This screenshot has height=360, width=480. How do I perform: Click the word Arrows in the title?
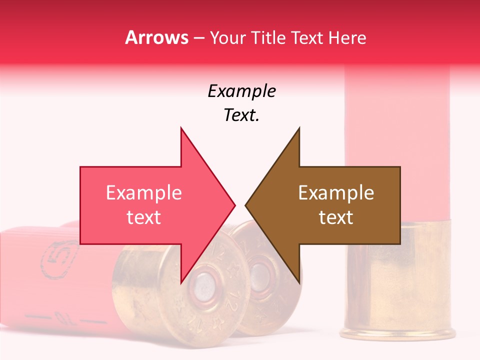[156, 37]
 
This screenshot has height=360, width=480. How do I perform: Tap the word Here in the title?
[347, 37]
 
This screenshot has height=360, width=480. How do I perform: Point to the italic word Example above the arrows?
[242, 91]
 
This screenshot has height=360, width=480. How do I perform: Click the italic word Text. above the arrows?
[242, 115]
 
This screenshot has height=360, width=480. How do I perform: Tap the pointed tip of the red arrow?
[234, 205]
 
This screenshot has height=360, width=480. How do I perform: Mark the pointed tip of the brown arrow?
[246, 205]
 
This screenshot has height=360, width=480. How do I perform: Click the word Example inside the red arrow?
[144, 193]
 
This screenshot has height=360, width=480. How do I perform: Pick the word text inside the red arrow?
[144, 217]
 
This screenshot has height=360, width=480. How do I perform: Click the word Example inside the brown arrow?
[336, 193]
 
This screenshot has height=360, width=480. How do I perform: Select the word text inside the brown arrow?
[336, 217]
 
